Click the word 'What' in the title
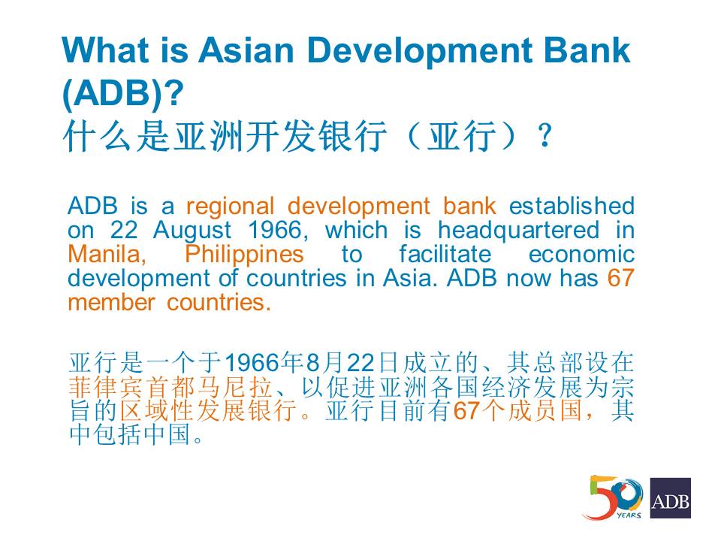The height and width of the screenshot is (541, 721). coord(105,50)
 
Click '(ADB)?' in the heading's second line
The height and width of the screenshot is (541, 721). coord(122,93)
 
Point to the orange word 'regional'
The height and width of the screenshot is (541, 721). coord(231,207)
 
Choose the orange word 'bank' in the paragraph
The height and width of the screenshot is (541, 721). coord(469,206)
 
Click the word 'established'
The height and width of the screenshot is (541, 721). coord(572,206)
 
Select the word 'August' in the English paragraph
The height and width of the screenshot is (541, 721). coord(192,231)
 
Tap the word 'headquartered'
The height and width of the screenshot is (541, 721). coord(518,231)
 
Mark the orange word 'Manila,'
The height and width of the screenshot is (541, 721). coord(107,255)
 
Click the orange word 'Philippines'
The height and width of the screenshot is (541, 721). coord(244,255)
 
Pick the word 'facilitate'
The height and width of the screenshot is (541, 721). coord(445,255)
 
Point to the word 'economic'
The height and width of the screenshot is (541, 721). coord(581,255)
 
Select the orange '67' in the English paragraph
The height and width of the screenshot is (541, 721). coord(621,278)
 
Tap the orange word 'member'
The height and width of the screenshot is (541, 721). coord(111,303)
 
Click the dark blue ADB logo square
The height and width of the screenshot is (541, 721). coord(671,497)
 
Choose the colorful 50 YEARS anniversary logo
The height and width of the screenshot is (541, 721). coord(613,497)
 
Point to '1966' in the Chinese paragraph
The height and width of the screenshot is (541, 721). coord(252,363)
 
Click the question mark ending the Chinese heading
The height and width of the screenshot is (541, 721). coord(545,135)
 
